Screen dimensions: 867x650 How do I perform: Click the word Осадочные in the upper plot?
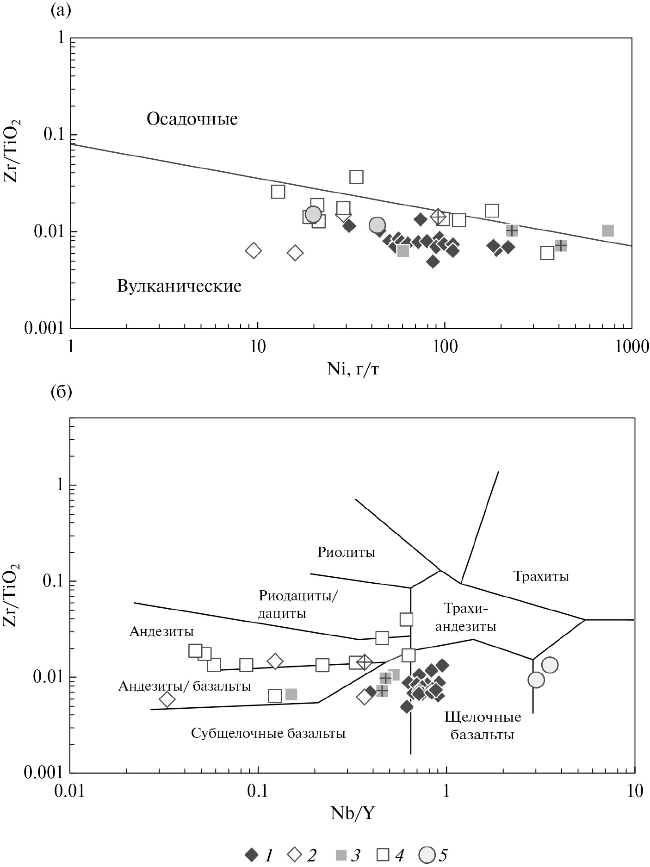pos(192,119)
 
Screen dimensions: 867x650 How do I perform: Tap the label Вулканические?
pos(179,286)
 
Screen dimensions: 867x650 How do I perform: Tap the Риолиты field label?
pos(346,552)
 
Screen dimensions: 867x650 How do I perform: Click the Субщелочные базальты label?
pos(268,733)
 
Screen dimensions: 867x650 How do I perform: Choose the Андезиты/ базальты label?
pos(185,686)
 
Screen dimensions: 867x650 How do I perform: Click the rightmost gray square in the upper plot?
pos(607,231)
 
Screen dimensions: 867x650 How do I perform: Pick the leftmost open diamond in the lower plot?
pos(167,700)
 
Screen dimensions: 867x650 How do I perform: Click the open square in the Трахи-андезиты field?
pos(406,619)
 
